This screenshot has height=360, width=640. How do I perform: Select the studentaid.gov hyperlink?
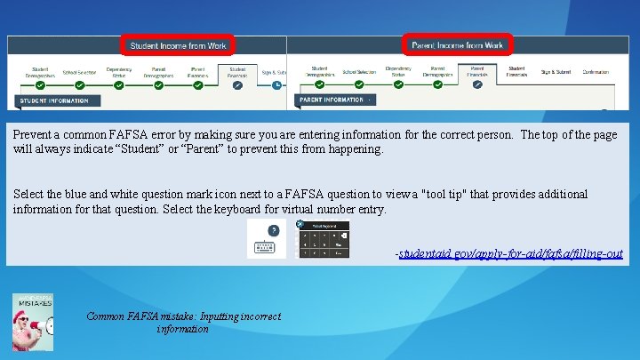510,254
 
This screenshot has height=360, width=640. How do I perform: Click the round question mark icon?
274,230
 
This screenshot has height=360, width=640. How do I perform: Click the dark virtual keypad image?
322,239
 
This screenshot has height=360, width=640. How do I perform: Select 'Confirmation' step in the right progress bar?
601,71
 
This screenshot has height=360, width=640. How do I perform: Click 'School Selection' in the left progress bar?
79,72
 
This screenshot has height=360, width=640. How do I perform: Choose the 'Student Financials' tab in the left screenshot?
237,72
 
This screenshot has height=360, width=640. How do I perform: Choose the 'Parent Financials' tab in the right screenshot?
477,72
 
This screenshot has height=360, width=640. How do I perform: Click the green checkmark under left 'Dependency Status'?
119,85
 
